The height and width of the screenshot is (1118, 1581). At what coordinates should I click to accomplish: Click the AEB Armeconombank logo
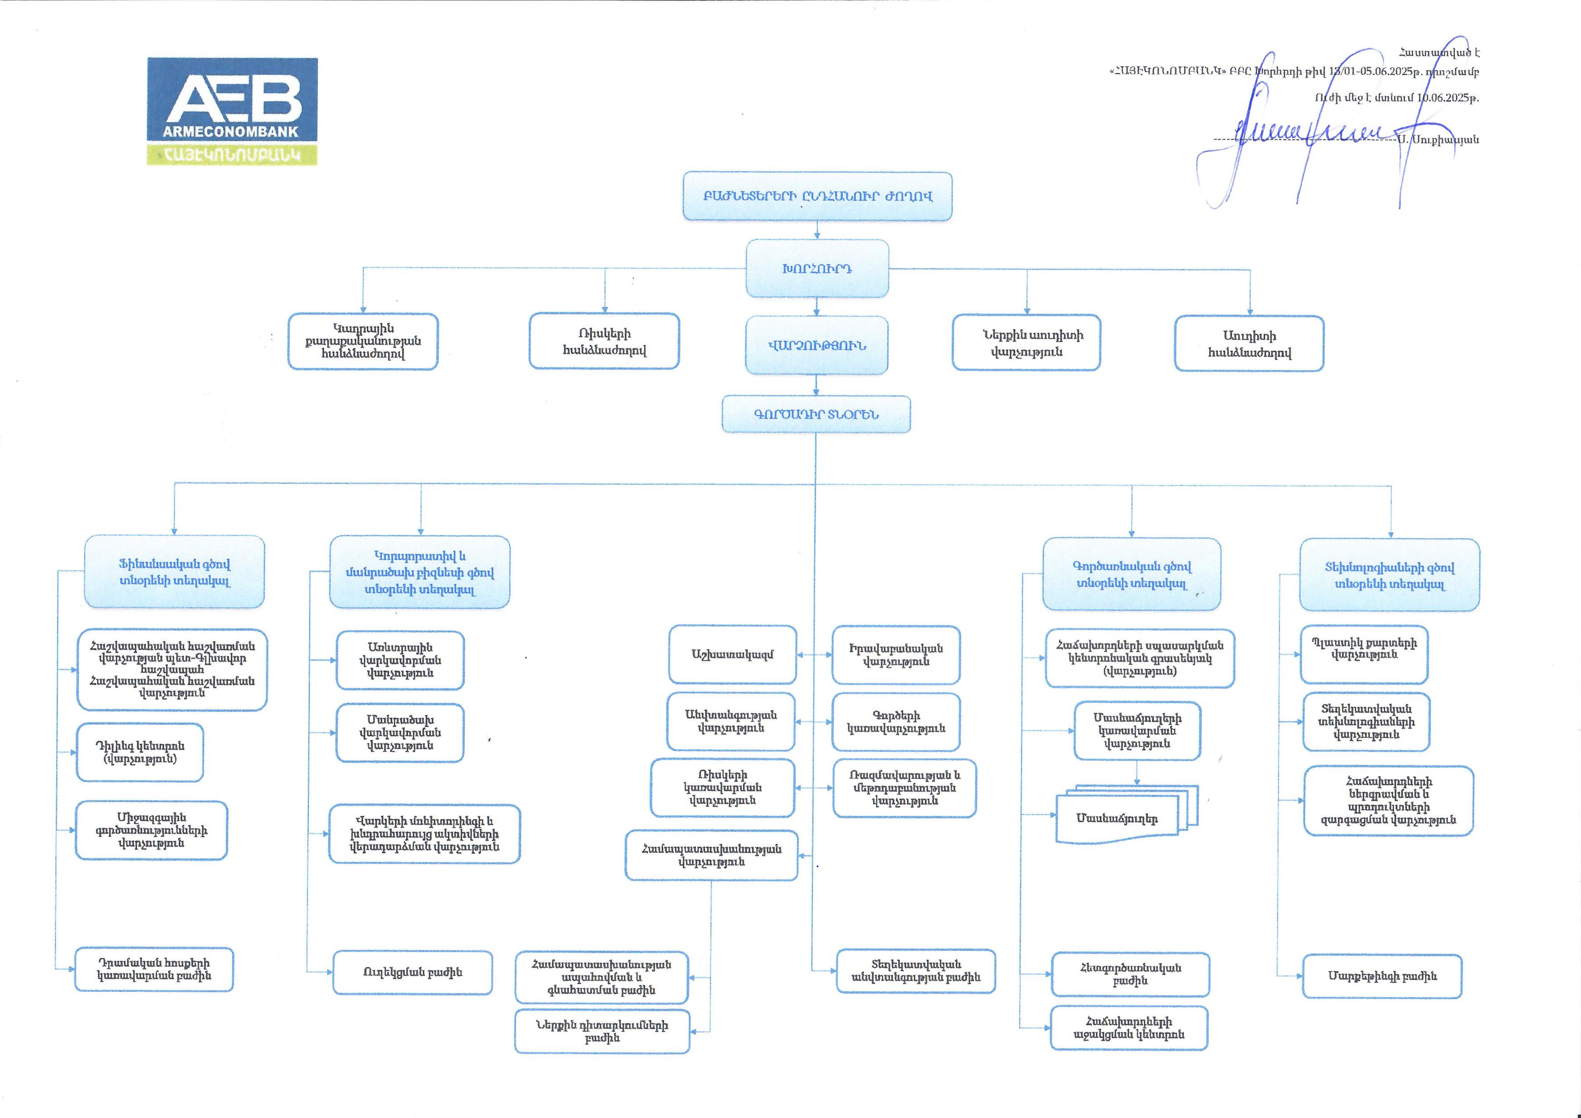(x=232, y=111)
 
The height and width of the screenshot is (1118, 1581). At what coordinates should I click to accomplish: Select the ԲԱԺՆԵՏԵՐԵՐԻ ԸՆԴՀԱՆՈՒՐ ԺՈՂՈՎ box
(x=817, y=196)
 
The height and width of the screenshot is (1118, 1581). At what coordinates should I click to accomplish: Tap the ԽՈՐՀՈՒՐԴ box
(x=817, y=269)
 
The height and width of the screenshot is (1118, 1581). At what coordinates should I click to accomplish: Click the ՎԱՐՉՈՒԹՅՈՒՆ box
(x=817, y=346)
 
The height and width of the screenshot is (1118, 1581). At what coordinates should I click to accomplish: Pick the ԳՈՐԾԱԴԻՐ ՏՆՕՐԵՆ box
(x=816, y=414)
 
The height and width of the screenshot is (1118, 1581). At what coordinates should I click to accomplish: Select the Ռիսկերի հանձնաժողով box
(x=604, y=341)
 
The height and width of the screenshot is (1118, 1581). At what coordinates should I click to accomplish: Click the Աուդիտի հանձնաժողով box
(x=1249, y=344)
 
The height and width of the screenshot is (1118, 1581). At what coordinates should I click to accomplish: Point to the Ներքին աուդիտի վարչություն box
(x=1026, y=343)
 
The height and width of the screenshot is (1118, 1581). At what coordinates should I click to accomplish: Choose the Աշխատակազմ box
(x=732, y=654)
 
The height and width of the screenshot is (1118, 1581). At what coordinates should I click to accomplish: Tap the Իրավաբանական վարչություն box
(x=896, y=655)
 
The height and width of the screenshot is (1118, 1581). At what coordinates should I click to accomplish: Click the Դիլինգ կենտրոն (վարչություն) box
(x=140, y=752)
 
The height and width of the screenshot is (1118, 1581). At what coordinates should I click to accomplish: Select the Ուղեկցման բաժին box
(x=412, y=972)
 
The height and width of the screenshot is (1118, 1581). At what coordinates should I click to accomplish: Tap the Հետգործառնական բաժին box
(x=1130, y=974)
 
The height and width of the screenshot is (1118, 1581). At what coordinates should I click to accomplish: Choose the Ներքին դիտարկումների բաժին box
(x=602, y=1031)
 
